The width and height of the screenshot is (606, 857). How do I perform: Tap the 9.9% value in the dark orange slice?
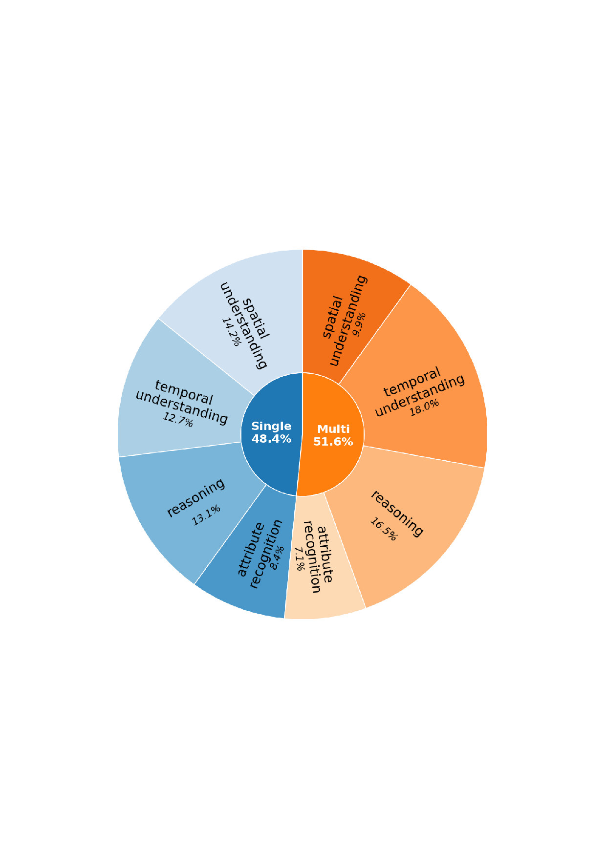coord(359,324)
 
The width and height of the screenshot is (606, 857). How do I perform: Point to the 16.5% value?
coord(384,529)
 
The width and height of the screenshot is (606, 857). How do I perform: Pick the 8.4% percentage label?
coord(277,558)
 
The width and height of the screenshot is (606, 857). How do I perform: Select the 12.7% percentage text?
coord(178,419)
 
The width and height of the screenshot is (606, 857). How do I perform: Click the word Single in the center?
coord(271,426)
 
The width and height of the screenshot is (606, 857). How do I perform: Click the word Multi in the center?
coord(333,429)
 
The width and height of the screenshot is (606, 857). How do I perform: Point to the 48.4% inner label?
coord(271,439)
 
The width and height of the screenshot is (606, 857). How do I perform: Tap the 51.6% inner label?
coord(333,442)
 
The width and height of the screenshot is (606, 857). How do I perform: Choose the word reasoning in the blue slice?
coord(196,497)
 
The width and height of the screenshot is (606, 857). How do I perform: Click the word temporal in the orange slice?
coord(412,382)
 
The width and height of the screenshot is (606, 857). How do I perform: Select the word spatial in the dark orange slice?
coord(333,317)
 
